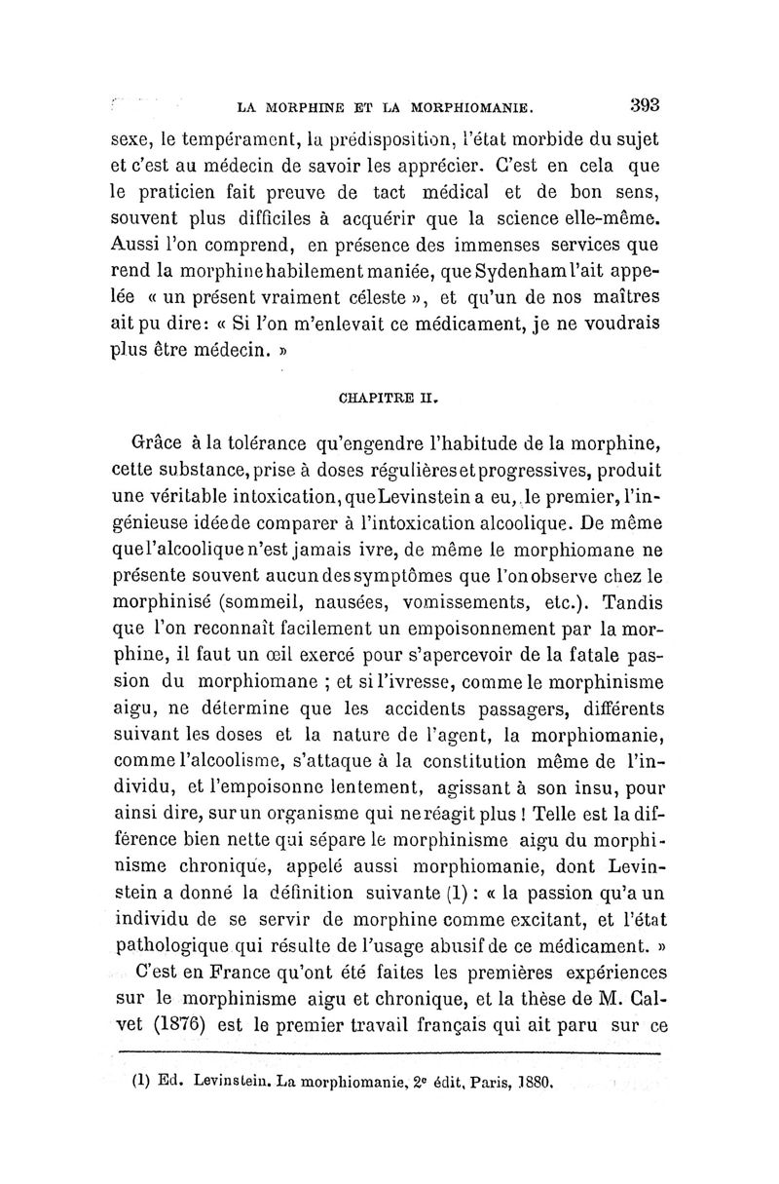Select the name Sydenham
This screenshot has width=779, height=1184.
click(x=556, y=268)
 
